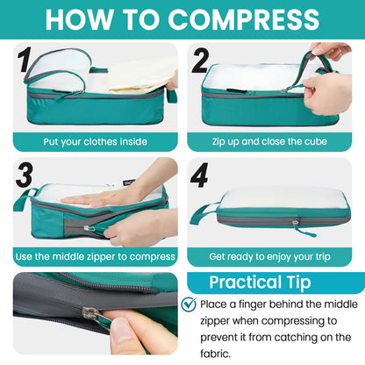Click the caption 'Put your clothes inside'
tap(94, 141)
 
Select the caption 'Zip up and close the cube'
tap(270, 141)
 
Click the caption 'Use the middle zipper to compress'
tap(94, 256)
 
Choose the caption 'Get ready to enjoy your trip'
tap(270, 256)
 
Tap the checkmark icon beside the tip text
tap(188, 304)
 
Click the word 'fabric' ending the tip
tap(217, 354)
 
